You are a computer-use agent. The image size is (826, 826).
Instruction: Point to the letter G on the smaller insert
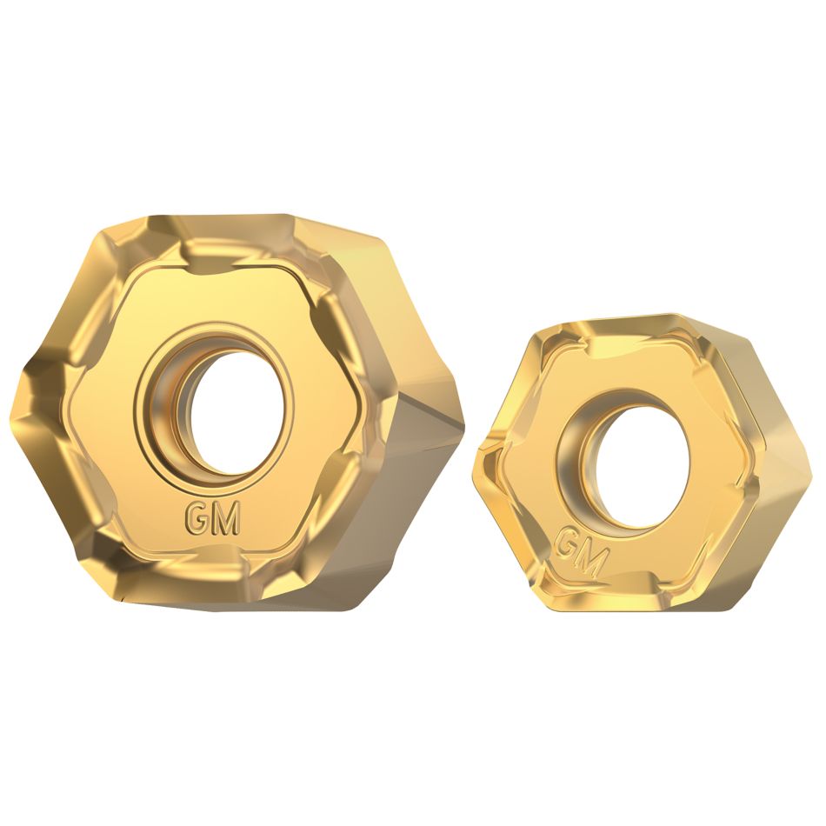click(567, 544)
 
